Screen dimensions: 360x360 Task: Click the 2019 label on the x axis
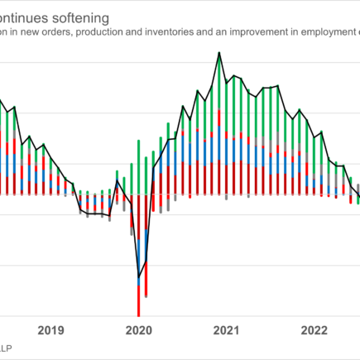tap(51, 331)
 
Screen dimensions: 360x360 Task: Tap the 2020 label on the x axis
tap(138, 331)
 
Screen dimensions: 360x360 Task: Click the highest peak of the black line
tap(218, 53)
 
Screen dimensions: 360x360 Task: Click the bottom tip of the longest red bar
tap(138, 314)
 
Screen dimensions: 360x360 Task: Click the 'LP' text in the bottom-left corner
tap(5, 347)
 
